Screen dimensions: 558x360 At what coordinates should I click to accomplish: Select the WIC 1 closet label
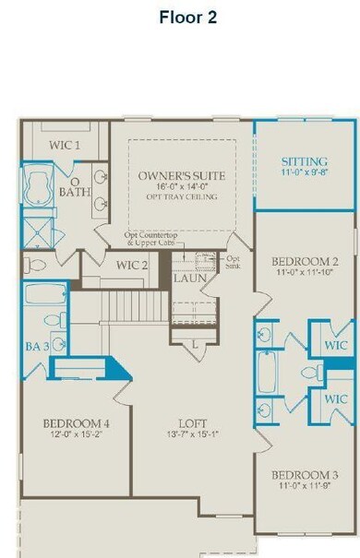coord(64,146)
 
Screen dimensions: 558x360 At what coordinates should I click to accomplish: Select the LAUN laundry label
coord(190,276)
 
